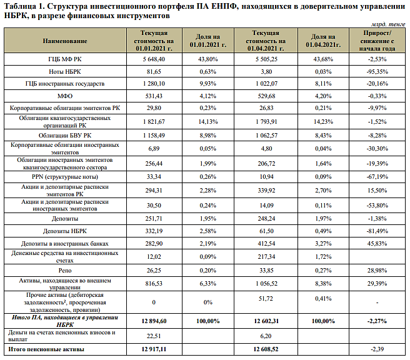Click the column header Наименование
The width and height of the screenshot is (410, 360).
coord(65,41)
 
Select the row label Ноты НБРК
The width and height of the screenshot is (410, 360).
coord(65,72)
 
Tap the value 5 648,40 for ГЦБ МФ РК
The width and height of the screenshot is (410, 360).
coord(154,59)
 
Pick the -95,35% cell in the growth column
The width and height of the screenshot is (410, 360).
coord(377,72)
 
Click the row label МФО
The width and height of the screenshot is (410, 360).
coord(65,96)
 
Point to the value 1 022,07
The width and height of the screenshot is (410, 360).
coord(266,84)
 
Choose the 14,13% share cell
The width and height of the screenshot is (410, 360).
coord(208,122)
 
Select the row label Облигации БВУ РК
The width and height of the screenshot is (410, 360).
coord(65,136)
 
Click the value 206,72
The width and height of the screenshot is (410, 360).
coord(266,164)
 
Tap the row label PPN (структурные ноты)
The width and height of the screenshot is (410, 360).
coord(65,177)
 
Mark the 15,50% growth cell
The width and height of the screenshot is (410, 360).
coord(377,191)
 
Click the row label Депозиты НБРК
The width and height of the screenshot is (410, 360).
coord(65,231)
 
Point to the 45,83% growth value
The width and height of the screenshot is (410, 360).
coord(377,244)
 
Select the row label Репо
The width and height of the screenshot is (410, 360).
coord(65,271)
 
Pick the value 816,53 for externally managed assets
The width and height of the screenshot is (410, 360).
coord(154,284)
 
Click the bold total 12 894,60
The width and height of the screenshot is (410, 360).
coord(154,321)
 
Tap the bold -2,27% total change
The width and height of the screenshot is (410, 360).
coord(377,321)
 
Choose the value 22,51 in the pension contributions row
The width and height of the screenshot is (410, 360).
coord(154,336)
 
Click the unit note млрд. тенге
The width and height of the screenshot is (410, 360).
coord(388,24)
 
